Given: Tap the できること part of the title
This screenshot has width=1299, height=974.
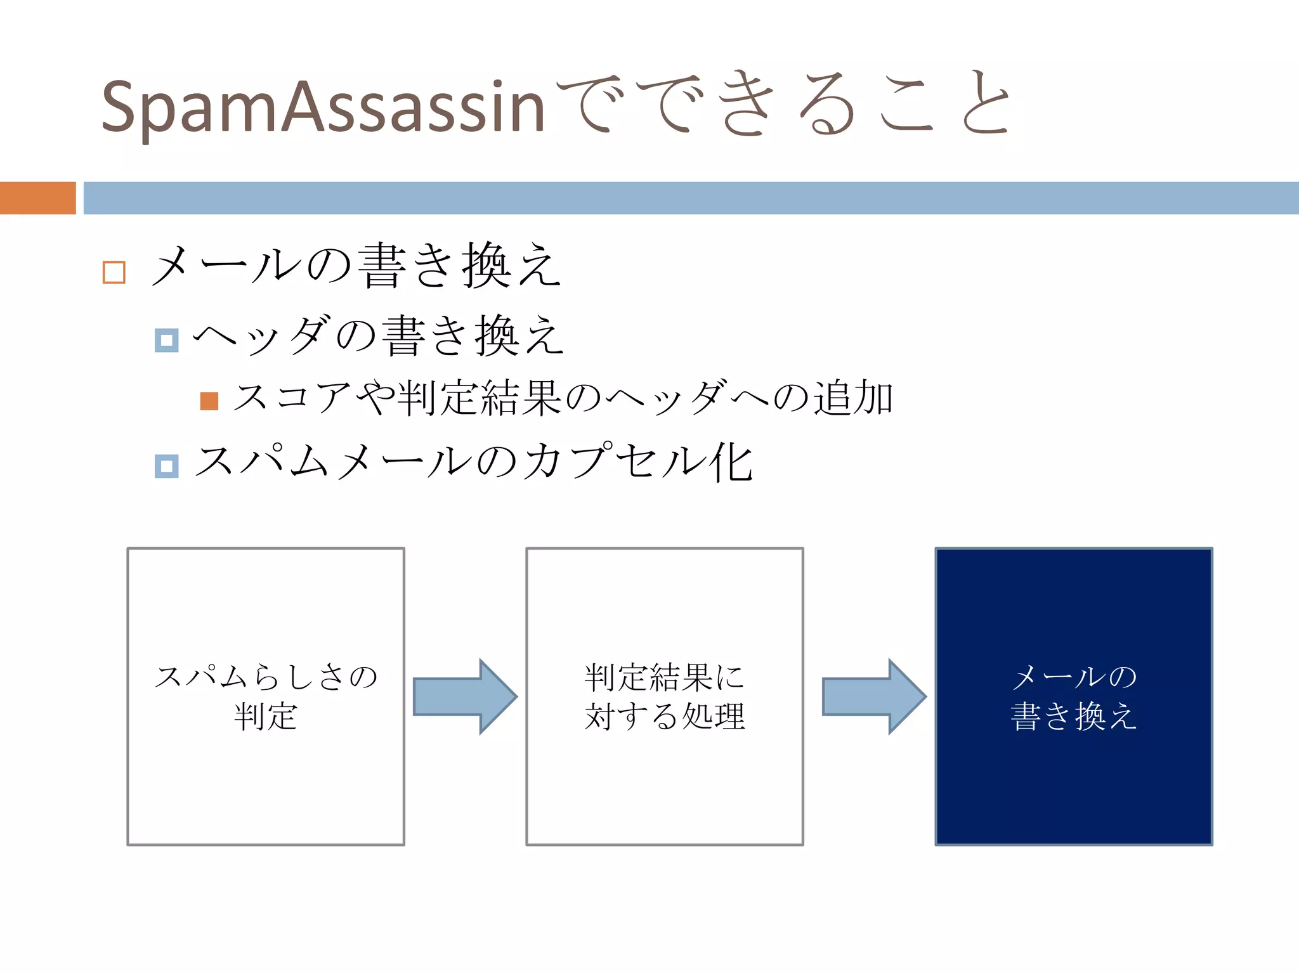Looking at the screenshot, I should pos(783,105).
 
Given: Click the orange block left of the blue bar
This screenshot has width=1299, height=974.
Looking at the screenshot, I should pos(37,198).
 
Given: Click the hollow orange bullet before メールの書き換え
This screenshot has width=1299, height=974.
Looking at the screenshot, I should pos(114,272).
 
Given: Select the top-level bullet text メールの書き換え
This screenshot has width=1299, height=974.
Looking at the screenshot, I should pos(355,266).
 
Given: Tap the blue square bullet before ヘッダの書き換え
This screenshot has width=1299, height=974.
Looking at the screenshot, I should pos(166,341).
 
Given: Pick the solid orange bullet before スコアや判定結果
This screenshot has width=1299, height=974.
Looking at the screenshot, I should pos(209,401).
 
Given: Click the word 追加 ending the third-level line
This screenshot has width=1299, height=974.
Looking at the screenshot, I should pos(854,398).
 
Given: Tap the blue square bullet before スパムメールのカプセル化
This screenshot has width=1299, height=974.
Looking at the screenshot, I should pos(166,466).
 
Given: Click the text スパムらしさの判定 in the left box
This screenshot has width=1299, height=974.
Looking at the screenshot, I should pos(265,696).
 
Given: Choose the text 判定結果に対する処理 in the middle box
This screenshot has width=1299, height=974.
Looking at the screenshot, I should pos(664,696).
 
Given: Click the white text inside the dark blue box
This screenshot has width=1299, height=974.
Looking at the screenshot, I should pos(1073,696).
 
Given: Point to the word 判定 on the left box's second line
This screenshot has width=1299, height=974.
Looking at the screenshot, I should pos(265,717).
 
